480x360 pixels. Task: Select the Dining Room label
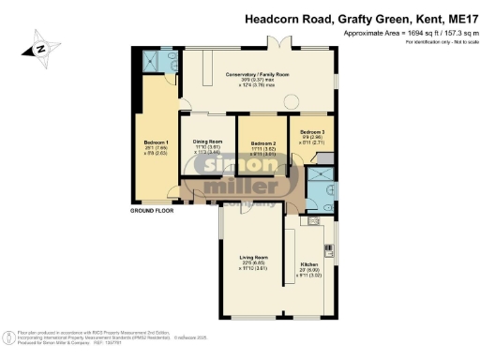tap(208, 141)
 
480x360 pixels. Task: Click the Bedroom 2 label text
tap(262, 142)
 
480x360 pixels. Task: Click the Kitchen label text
tap(309, 265)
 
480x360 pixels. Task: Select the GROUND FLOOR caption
tap(152, 212)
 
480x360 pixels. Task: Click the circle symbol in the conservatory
tap(292, 101)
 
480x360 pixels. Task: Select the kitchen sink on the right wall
tap(330, 247)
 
